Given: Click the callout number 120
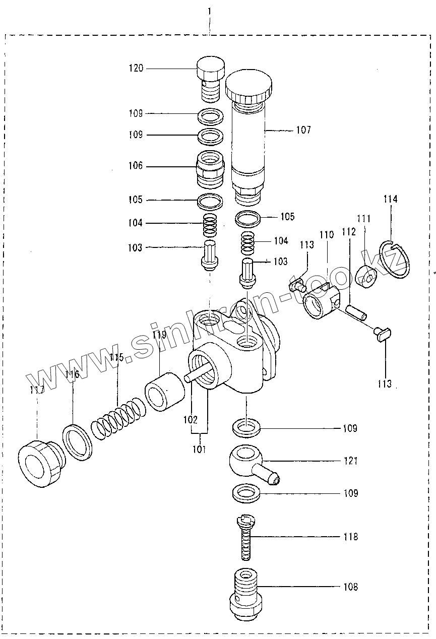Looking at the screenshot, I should point(137,68).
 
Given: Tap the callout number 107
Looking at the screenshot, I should point(303,130).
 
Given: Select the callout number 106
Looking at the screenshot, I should point(136,166).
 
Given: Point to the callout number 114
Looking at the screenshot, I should point(390,199).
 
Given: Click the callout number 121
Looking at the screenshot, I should point(350,461).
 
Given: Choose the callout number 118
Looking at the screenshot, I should point(350,537).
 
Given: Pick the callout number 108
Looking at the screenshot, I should point(350,587).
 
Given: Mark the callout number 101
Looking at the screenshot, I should point(200,449).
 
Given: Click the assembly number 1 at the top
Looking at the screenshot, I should point(209,10).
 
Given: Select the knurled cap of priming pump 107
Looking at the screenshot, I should point(248,86).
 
